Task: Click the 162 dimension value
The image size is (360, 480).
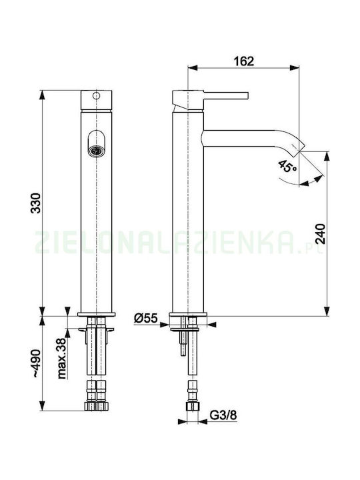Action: [244, 61]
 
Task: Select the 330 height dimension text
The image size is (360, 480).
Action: [35, 203]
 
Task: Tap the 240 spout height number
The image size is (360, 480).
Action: [320, 233]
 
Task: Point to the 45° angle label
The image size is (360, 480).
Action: [287, 165]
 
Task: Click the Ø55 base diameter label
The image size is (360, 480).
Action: [145, 319]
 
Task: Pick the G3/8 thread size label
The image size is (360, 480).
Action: [223, 415]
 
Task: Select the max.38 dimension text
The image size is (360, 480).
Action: [61, 359]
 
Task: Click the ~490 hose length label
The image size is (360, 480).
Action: [36, 363]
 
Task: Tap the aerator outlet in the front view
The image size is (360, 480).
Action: [96, 151]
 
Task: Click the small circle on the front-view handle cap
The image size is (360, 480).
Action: [96, 95]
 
